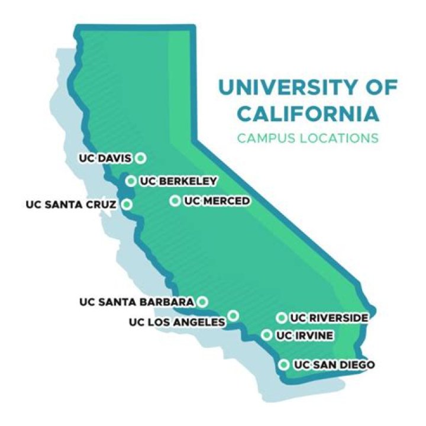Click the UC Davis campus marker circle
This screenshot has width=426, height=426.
(140, 158)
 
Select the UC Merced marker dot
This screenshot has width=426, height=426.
(175, 201)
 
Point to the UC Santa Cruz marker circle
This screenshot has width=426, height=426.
(127, 205)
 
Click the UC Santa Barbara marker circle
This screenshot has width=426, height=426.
(202, 302)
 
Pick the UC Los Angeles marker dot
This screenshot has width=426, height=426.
(234, 315)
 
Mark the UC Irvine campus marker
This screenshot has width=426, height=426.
(267, 335)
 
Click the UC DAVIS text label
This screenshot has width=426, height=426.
(106, 159)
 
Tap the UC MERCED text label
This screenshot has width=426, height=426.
(217, 201)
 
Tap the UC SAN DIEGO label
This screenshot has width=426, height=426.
(334, 365)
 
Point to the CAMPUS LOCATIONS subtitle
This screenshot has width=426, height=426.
(307, 138)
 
